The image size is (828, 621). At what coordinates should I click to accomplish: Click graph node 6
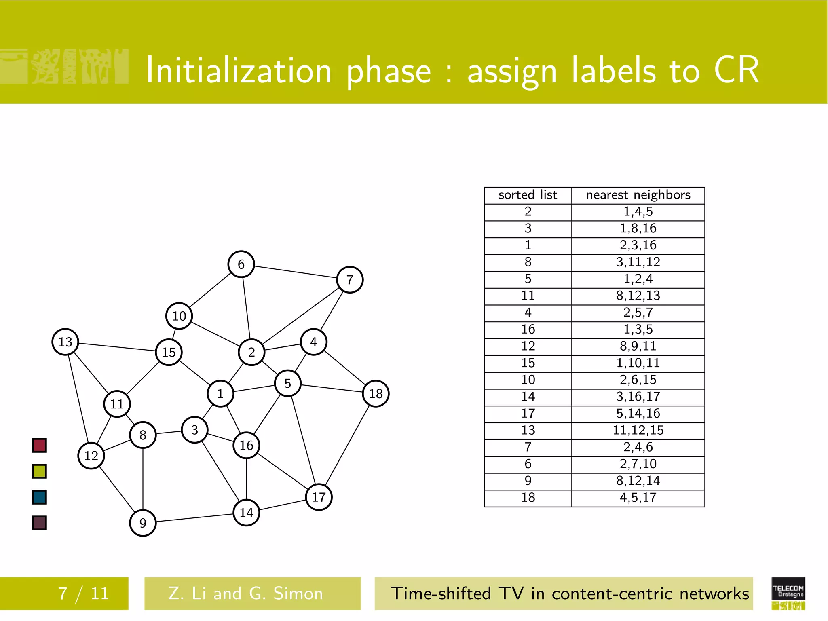[241, 264]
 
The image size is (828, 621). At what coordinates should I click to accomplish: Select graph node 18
[376, 393]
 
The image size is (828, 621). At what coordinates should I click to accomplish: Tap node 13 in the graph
[65, 342]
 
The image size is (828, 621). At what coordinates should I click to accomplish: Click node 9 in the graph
[142, 523]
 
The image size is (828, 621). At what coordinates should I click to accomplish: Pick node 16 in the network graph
[246, 445]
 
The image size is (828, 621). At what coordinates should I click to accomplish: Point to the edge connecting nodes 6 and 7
[296, 272]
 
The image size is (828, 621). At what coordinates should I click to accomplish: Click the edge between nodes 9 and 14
[194, 518]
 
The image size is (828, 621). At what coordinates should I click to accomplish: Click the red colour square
[39, 445]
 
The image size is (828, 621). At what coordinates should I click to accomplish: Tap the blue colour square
[39, 497]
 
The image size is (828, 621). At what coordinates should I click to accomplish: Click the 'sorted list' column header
[528, 195]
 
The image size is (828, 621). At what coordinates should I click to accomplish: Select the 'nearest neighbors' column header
[638, 195]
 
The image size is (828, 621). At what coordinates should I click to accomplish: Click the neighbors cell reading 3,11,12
[638, 262]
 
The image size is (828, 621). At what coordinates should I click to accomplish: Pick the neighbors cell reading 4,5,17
[638, 498]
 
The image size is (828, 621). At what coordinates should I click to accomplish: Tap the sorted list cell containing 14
[528, 397]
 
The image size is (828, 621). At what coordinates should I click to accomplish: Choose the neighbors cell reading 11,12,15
[638, 431]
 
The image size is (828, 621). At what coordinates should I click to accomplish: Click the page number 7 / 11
[84, 594]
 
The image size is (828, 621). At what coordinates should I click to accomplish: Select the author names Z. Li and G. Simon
[246, 594]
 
